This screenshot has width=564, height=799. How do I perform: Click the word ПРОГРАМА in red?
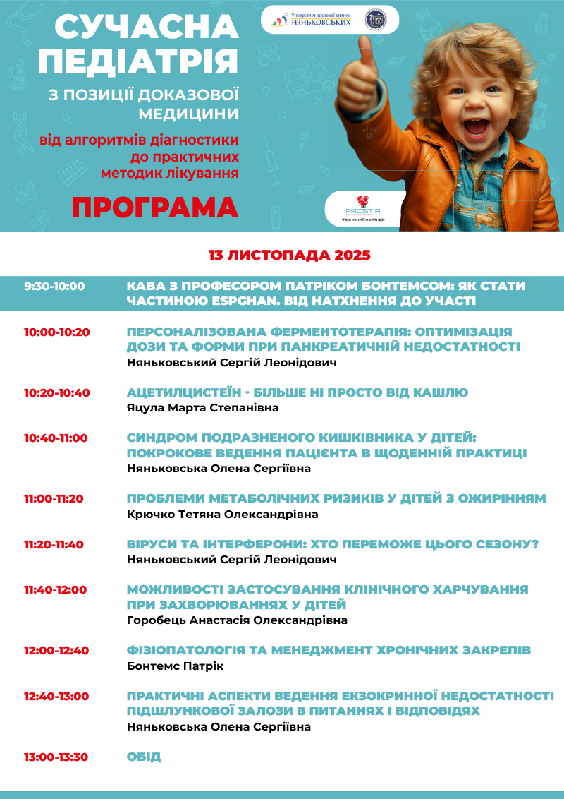tap(155, 208)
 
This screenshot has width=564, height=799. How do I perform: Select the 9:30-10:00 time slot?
tap(54, 287)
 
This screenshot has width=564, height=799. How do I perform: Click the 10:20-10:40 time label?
tap(57, 392)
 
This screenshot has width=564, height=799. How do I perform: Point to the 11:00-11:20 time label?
tap(54, 498)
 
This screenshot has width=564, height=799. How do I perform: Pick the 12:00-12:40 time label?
tap(57, 650)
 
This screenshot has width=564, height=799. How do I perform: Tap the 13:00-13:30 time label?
tap(56, 757)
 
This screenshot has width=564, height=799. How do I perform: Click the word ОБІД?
tap(144, 757)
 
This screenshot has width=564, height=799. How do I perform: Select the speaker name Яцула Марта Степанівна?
tap(202, 408)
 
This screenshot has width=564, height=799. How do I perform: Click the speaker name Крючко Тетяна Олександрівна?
tap(222, 515)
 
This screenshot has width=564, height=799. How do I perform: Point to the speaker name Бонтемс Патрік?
tap(175, 666)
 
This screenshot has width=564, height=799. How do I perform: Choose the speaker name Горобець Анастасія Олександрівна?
tap(237, 620)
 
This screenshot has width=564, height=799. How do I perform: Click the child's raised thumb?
tap(365, 53)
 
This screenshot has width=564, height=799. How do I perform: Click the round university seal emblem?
tap(375, 20)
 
